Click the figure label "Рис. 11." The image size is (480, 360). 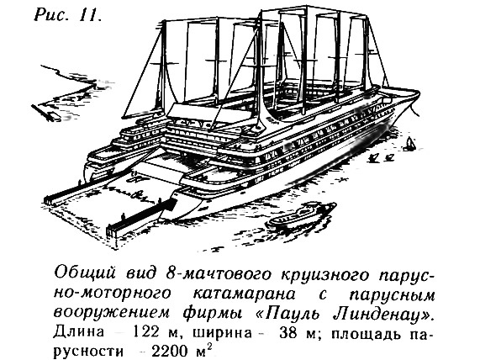pyautogui.click(x=67, y=14)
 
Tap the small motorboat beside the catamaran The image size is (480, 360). pyautogui.click(x=302, y=216)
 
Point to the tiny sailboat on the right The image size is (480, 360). pyautogui.click(x=409, y=144)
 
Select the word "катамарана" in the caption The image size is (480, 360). pyautogui.click(x=245, y=294)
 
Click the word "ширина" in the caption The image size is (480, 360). pyautogui.click(x=222, y=333)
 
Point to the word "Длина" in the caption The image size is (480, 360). pyautogui.click(x=79, y=333)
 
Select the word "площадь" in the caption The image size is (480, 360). pyautogui.click(x=366, y=333)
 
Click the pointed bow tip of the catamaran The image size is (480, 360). pyautogui.click(x=419, y=92)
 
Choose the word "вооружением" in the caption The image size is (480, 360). pyautogui.click(x=112, y=314)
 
